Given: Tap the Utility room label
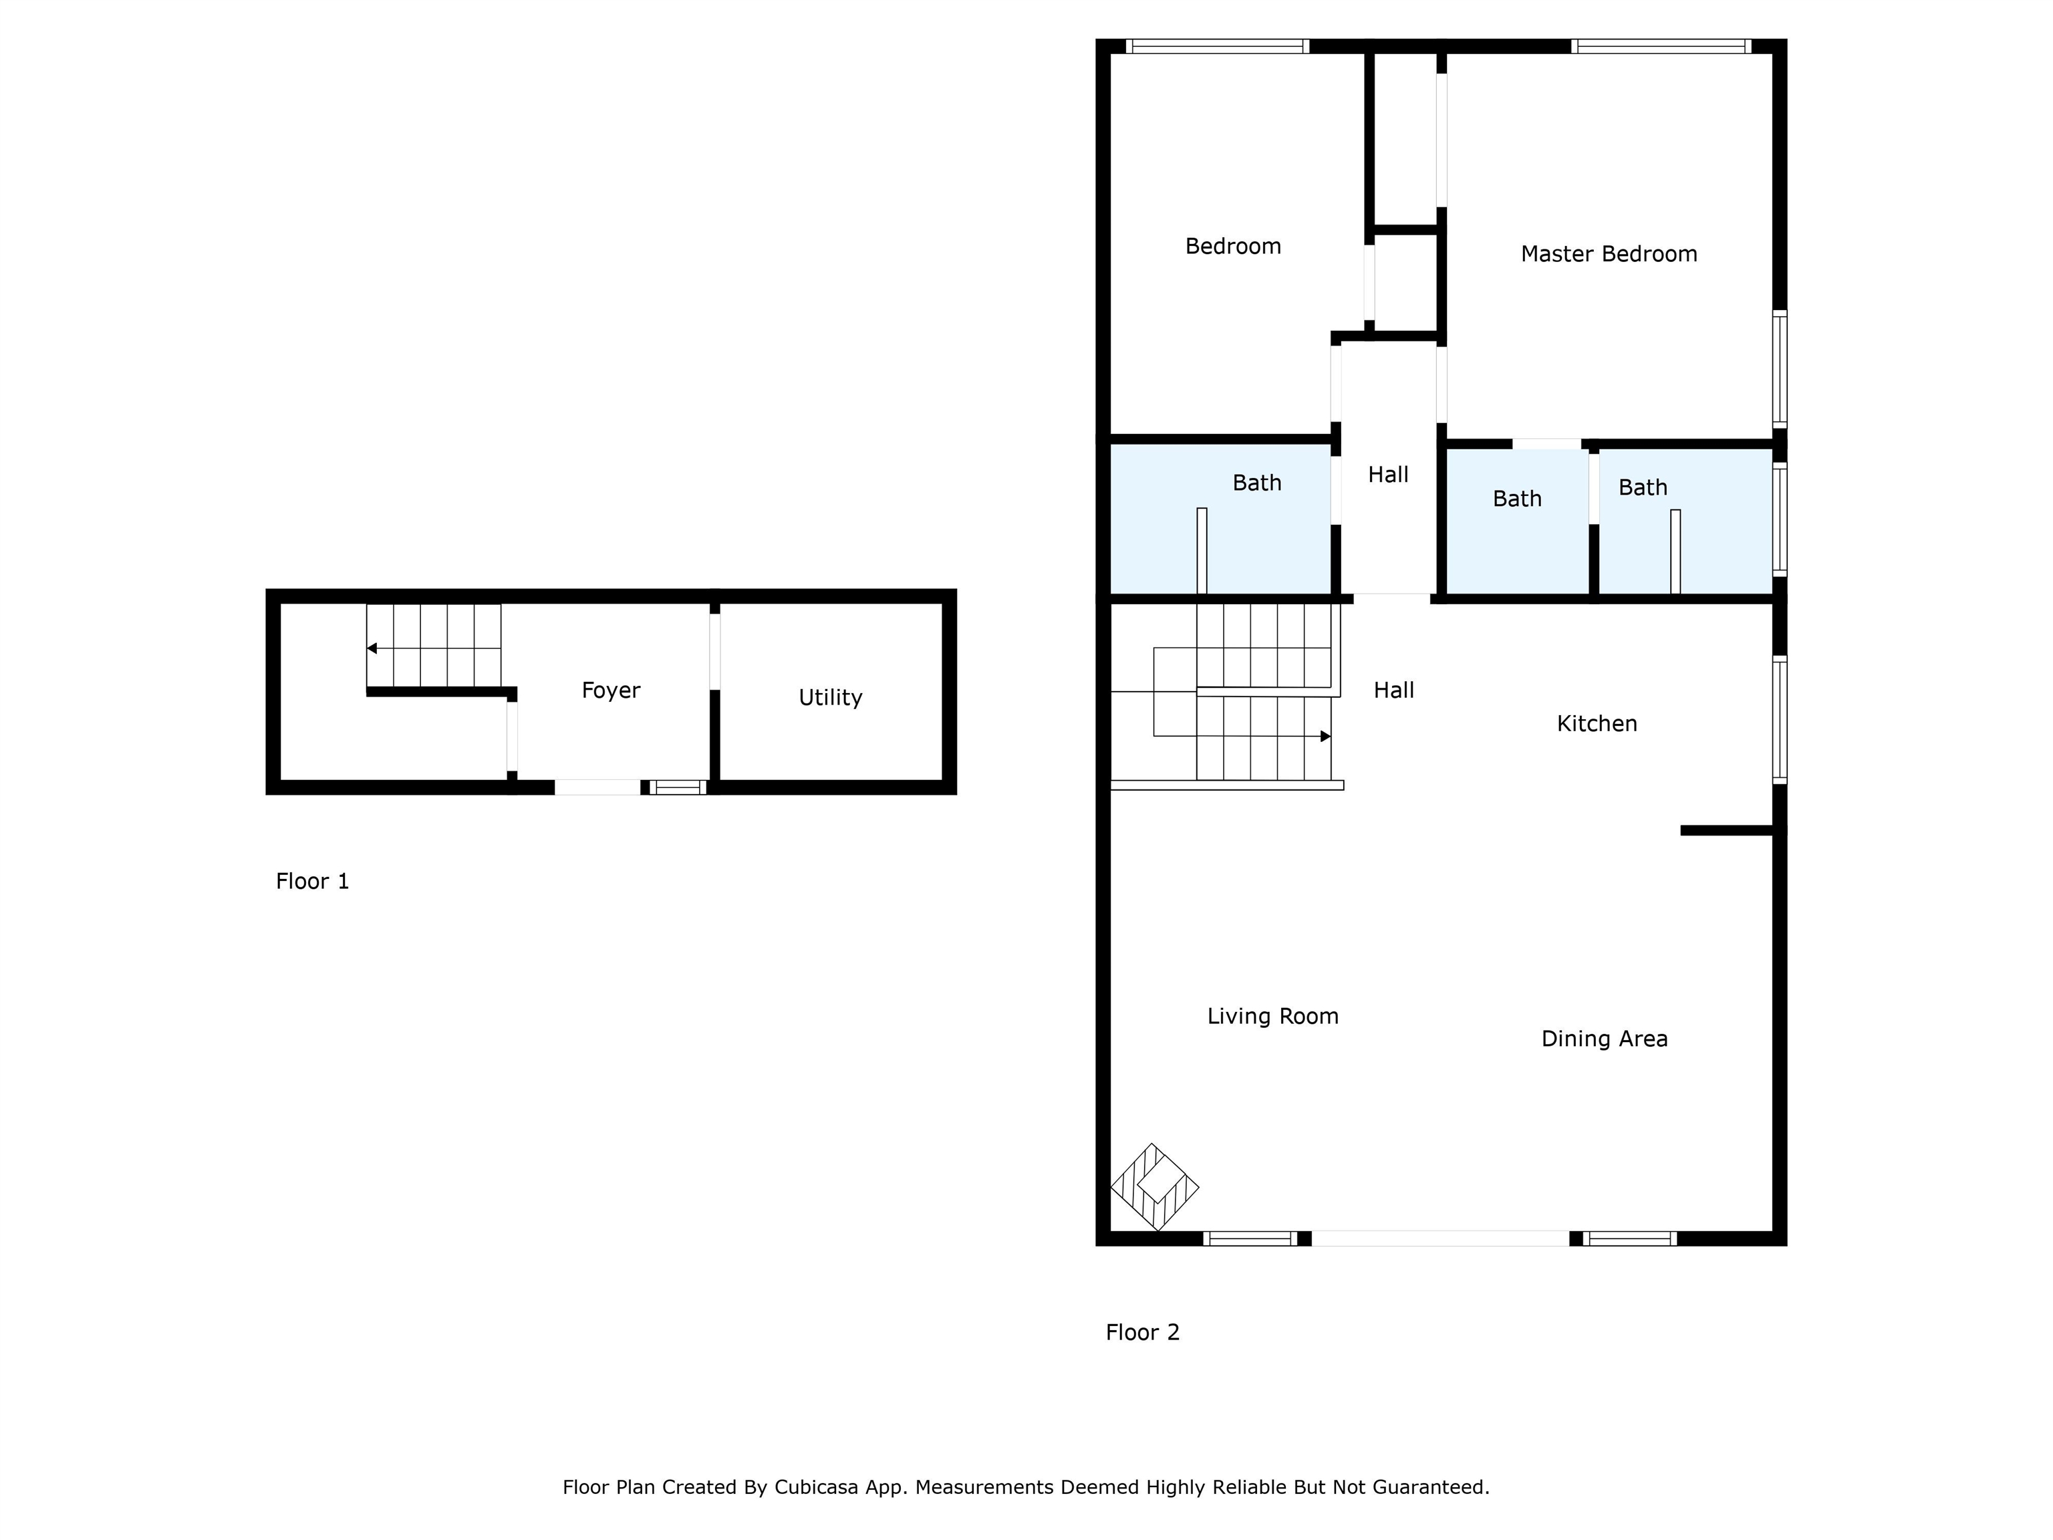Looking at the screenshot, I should click(830, 697).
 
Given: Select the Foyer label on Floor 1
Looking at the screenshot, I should click(611, 690).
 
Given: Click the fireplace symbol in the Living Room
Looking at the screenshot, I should click(1155, 1187).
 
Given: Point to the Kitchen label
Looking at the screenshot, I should click(1597, 723).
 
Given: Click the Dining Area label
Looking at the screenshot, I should click(1604, 1039).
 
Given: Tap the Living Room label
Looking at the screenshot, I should click(1272, 1017).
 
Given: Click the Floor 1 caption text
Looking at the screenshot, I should click(312, 881).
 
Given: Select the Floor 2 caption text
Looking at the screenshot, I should click(1141, 1332).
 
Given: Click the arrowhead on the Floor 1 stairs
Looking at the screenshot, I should click(372, 648).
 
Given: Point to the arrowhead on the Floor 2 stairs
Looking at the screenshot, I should click(1325, 736).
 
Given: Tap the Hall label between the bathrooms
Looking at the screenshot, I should click(1387, 475).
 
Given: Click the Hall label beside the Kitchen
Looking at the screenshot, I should click(1393, 690).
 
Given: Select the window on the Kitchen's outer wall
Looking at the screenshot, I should click(1779, 721).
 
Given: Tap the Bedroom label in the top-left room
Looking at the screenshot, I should click(1232, 246).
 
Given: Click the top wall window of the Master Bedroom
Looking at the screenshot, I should click(1661, 46).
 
